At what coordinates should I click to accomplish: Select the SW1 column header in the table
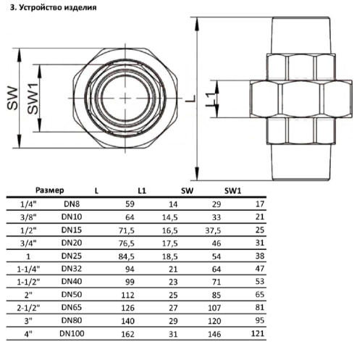(x=232, y=190)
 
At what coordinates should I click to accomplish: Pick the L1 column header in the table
(x=142, y=190)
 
